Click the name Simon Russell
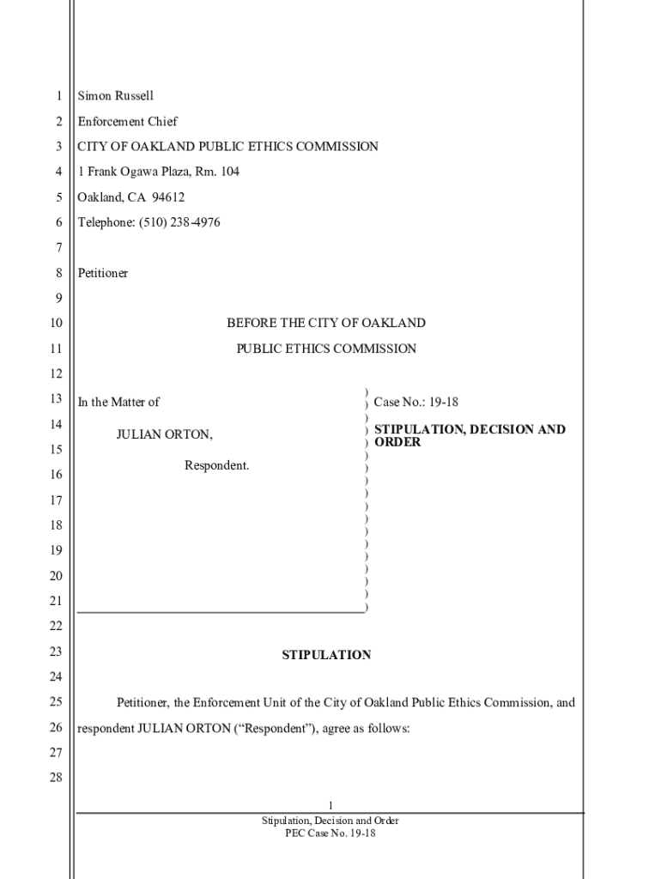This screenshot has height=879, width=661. click(x=115, y=96)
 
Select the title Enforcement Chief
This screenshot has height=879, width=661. click(x=127, y=122)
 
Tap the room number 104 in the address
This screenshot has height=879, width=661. click(x=229, y=172)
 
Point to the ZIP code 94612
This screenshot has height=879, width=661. click(x=168, y=197)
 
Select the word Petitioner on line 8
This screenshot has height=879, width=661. click(x=102, y=273)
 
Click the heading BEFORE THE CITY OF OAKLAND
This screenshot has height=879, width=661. click(x=326, y=324)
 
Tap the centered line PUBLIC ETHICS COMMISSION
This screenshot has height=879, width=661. click(x=326, y=349)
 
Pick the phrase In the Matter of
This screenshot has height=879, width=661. click(x=118, y=402)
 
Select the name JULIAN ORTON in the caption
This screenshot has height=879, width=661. click(x=165, y=434)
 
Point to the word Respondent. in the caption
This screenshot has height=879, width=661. click(x=217, y=465)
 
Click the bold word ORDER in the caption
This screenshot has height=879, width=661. click(x=397, y=442)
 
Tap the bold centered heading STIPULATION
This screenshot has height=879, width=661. click(x=326, y=655)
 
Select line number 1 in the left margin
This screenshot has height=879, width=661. click(x=58, y=96)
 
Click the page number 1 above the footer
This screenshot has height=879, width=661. click(x=330, y=803)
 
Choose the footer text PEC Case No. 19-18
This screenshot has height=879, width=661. click(x=330, y=834)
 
